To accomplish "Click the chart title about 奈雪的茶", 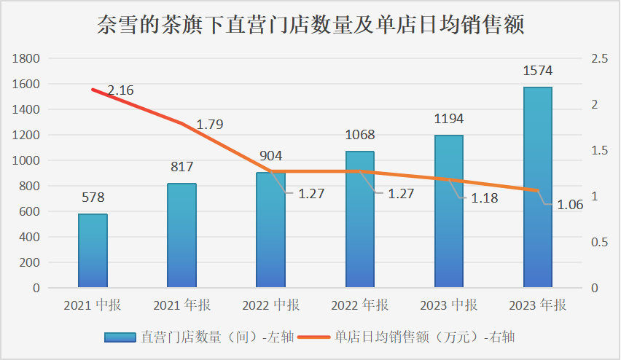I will click(x=310, y=26).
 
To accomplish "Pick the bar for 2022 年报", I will click(x=359, y=219).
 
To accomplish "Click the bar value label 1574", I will click(x=538, y=71).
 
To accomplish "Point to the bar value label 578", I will click(x=93, y=197).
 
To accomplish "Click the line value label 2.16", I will click(x=120, y=91).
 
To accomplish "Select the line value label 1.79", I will click(x=210, y=124).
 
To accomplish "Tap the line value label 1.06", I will click(x=570, y=205).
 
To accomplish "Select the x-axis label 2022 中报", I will click(x=270, y=305).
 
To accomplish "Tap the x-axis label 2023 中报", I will click(x=448, y=305).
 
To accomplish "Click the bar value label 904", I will click(x=270, y=156).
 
